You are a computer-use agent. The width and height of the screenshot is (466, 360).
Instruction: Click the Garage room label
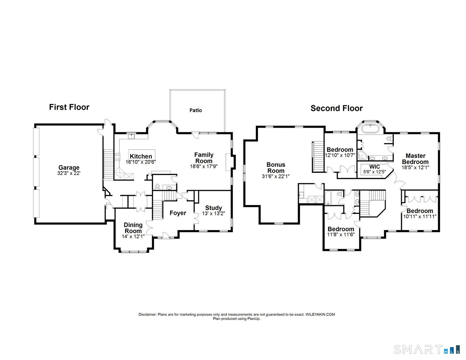[69, 168]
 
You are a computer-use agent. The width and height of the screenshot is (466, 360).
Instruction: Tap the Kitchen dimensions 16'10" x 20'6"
[141, 162]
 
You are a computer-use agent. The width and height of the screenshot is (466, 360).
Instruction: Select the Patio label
[196, 110]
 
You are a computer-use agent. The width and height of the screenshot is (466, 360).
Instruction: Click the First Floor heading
[69, 107]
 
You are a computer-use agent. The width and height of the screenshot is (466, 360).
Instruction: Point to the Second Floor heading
[336, 108]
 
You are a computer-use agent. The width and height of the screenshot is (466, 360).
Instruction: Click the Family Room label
[204, 158]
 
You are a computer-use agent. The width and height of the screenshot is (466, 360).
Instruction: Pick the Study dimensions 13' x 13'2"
[213, 214]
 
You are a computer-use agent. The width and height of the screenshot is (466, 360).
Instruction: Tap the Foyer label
[177, 213]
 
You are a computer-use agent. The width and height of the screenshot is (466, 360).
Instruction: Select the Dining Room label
[133, 228]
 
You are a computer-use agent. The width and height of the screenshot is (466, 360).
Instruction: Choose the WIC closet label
[375, 167]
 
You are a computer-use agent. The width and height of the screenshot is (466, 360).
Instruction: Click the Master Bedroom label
[415, 159]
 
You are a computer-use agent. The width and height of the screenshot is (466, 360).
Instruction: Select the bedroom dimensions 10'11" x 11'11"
[420, 216]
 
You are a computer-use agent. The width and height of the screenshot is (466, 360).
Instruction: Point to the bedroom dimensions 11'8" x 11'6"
[341, 234]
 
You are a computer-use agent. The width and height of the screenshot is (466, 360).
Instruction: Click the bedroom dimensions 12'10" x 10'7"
[340, 155]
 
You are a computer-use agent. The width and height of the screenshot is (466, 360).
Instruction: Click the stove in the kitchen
[117, 157]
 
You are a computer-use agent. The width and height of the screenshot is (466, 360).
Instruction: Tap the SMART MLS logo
[427, 349]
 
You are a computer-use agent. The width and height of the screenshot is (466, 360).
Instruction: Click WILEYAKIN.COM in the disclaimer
[320, 314]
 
